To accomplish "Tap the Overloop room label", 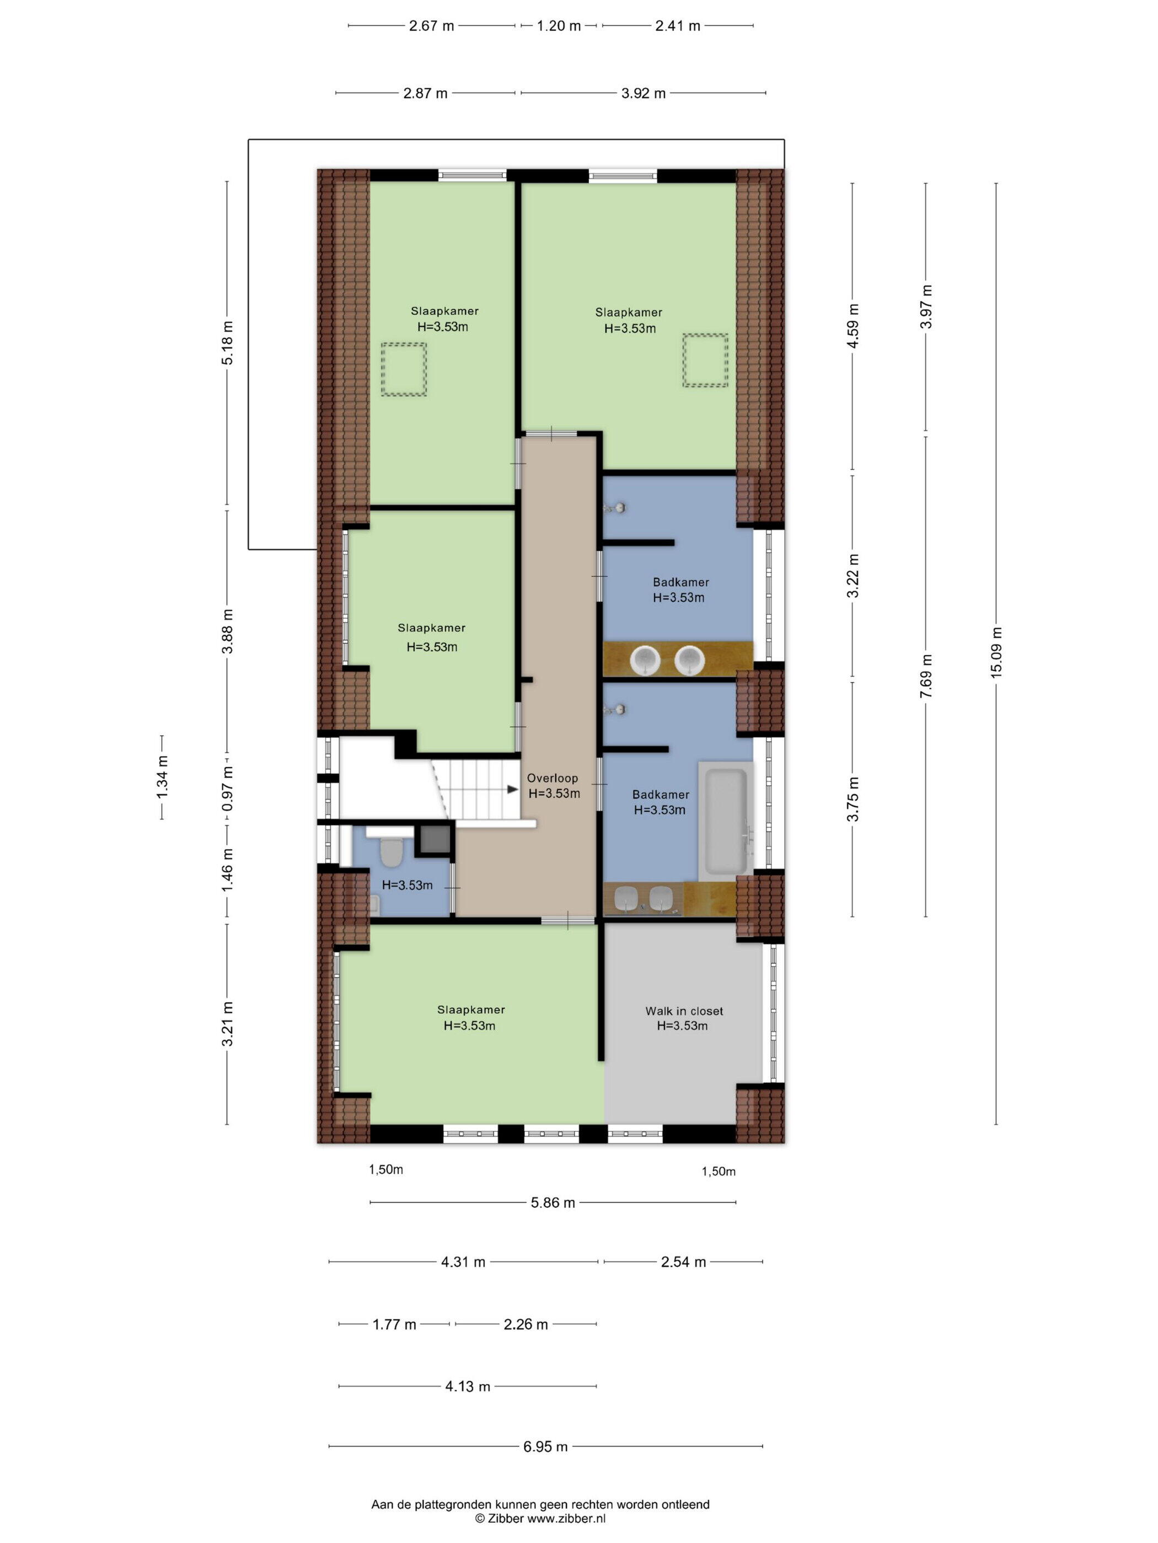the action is click(x=552, y=779).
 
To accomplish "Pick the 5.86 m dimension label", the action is click(x=553, y=1202).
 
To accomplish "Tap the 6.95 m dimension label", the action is click(x=545, y=1447).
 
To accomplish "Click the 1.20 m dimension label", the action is click(x=559, y=26).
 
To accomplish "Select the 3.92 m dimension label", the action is click(x=644, y=93).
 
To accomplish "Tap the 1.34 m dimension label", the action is click(x=162, y=777).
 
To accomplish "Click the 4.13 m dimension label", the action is click(x=468, y=1386).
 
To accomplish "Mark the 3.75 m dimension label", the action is click(x=853, y=800).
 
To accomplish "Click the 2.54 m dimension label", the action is click(x=683, y=1262).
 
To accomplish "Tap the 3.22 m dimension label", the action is click(x=853, y=575).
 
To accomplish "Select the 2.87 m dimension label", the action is click(x=425, y=93).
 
